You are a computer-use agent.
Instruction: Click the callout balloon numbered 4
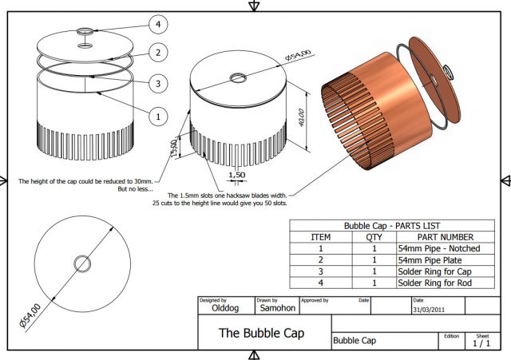[158, 25]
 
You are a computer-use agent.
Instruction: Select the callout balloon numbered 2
[158, 53]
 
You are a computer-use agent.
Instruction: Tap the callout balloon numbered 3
[158, 83]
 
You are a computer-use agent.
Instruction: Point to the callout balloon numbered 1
[158, 116]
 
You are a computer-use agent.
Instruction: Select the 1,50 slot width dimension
[236, 175]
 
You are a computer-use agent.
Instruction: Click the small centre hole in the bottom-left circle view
[82, 263]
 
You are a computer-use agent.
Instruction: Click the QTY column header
[374, 237]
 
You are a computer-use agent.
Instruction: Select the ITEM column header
[320, 237]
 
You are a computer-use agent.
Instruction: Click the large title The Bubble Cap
[263, 333]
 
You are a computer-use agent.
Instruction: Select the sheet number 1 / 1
[481, 344]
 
